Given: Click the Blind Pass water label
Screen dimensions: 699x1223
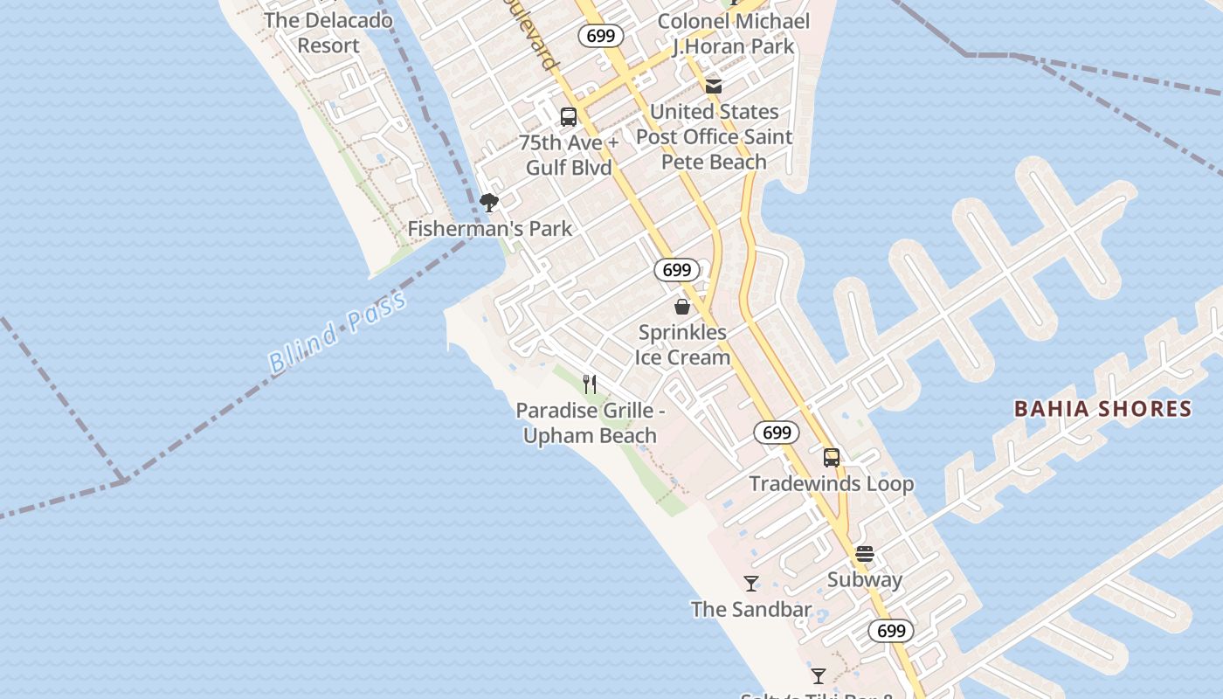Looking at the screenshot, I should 337,333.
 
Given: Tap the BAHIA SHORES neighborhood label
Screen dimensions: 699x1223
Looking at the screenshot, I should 1102,408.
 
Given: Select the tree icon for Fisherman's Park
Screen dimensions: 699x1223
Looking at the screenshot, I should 489,203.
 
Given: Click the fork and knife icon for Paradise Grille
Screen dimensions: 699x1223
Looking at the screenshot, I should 590,384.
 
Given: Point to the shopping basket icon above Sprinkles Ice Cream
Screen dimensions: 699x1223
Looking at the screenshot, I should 682,307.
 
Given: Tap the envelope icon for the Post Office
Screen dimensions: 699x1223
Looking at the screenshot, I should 714,86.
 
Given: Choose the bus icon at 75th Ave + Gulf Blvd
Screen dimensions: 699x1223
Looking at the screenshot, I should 569,116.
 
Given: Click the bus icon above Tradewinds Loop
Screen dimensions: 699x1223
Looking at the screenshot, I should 832,457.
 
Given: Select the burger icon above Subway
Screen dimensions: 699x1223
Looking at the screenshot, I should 865,553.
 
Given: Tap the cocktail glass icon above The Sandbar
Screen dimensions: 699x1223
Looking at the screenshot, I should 751,583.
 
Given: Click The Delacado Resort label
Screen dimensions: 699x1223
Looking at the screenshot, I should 328,32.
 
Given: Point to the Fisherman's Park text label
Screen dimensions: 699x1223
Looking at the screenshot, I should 490,229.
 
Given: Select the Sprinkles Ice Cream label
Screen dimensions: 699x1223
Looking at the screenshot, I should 683,344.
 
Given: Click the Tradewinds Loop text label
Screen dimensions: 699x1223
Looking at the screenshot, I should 832,483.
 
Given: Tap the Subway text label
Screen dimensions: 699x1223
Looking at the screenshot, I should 865,579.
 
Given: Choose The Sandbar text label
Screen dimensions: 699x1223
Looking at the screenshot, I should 751,609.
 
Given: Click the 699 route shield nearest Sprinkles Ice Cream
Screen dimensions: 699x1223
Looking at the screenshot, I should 676,270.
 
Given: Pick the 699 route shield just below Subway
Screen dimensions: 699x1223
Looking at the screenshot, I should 891,631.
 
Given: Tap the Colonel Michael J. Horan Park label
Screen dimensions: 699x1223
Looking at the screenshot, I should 734,33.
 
